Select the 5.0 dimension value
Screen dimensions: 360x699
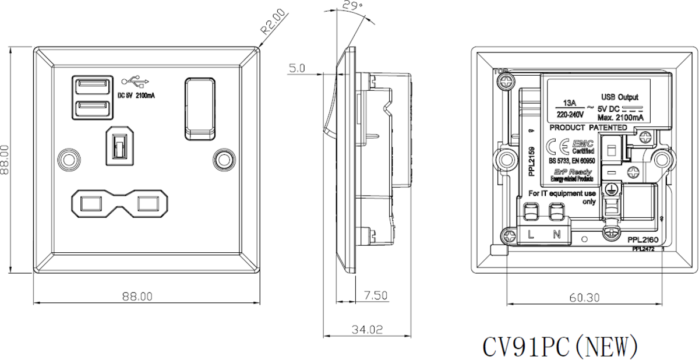click(x=296, y=69)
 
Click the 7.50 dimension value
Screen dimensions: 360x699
click(x=376, y=296)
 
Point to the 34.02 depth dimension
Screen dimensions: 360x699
click(x=368, y=330)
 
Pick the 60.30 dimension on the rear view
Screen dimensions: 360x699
click(x=584, y=298)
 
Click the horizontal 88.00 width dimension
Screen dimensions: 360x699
click(x=137, y=297)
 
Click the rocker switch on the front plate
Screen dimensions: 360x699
click(x=200, y=108)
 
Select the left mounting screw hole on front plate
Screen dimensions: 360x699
click(x=69, y=158)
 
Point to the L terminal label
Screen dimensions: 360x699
click(x=531, y=234)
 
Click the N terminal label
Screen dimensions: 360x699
click(x=556, y=234)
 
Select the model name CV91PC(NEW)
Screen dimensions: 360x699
click(x=560, y=346)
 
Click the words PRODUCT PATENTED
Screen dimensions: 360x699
click(x=588, y=127)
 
